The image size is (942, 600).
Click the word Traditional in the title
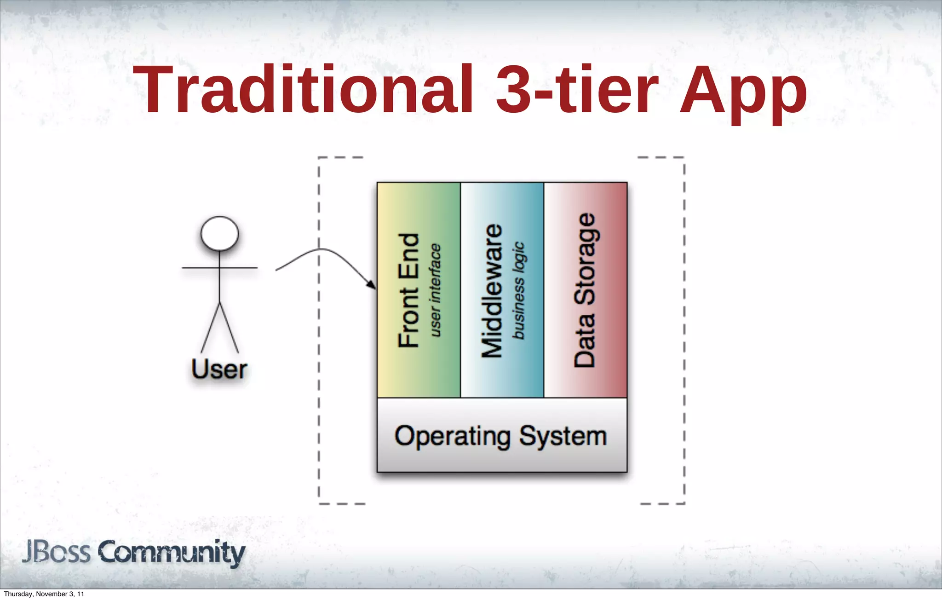(304, 90)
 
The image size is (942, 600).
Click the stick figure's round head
(220, 233)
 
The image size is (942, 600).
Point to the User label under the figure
(219, 369)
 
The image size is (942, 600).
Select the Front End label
(408, 290)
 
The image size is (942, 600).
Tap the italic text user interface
(435, 290)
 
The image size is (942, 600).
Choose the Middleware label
(492, 290)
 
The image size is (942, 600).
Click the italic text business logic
(518, 290)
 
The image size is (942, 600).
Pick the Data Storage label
(585, 290)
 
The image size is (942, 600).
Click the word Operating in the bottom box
(453, 436)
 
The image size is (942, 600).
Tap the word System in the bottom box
(563, 436)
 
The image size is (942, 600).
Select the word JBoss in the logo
(56, 552)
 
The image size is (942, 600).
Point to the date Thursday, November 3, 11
(44, 594)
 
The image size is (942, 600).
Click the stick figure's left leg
(210, 328)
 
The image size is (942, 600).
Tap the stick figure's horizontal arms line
(219, 267)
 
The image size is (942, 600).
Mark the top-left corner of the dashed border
(319, 158)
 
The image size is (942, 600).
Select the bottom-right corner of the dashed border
(684, 503)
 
